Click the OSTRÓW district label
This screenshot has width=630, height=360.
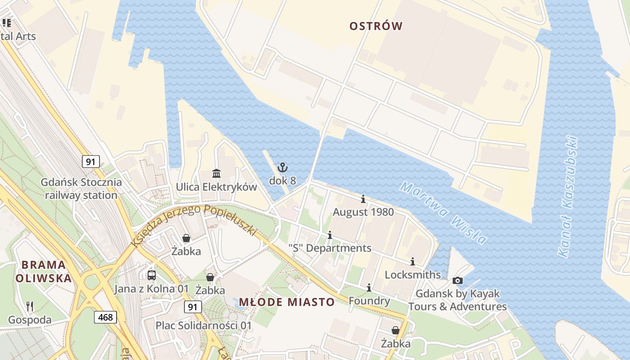[x=376, y=26]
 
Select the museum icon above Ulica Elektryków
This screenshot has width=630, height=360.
[x=216, y=174]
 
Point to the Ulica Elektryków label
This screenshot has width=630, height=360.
[x=216, y=187]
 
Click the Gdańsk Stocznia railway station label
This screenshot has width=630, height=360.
[x=81, y=189]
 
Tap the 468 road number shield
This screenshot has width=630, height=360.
[x=106, y=317]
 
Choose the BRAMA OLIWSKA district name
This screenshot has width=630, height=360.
[x=44, y=271]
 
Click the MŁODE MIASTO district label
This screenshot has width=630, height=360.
[x=287, y=302]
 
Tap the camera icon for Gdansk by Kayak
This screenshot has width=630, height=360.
[x=457, y=281]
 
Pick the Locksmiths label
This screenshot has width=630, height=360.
[x=413, y=274]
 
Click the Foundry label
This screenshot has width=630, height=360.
[x=369, y=301]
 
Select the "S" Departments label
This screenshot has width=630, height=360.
[x=330, y=248]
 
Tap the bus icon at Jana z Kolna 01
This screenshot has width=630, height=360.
[x=152, y=275]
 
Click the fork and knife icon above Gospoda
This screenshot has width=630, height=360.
[x=30, y=306]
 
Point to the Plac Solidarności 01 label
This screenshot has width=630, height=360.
[x=203, y=325]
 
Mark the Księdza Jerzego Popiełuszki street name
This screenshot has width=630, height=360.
[x=193, y=223]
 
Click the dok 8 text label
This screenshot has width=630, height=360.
[x=282, y=180]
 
